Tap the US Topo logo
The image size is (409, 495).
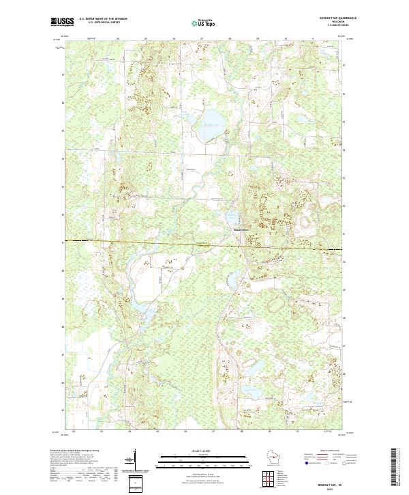(x=204, y=22)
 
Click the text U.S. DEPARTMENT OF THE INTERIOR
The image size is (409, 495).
(x=103, y=19)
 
